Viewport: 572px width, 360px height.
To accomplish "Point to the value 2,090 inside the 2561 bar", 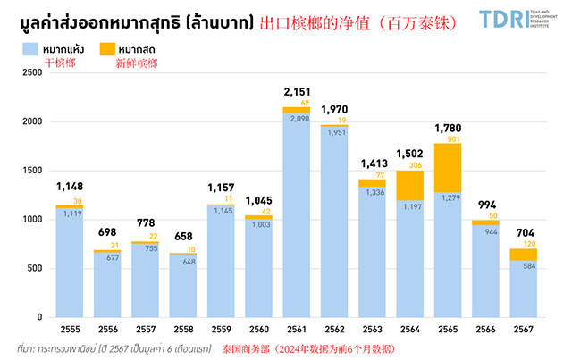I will point(297,119).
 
